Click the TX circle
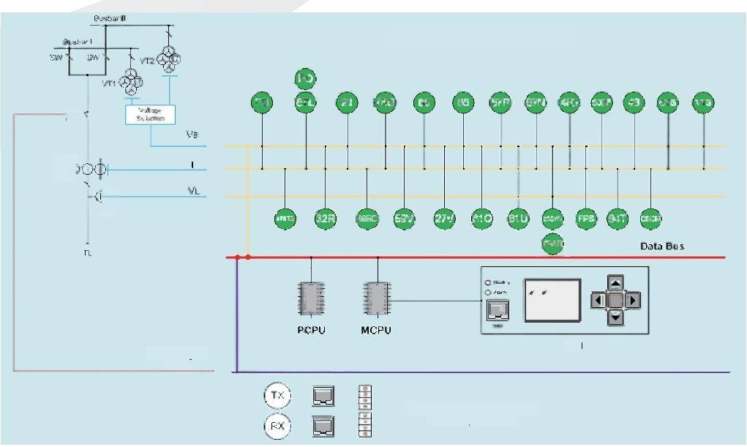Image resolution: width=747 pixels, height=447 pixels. [277, 396]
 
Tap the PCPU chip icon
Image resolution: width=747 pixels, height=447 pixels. [311, 298]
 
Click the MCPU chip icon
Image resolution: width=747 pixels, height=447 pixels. [376, 298]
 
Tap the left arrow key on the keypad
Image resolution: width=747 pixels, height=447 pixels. [598, 300]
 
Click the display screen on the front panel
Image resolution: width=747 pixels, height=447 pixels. [552, 300]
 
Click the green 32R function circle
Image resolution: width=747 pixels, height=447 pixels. [325, 219]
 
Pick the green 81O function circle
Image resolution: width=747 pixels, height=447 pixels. [481, 219]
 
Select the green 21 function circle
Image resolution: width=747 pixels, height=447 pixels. [347, 103]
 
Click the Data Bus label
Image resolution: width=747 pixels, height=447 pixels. [662, 247]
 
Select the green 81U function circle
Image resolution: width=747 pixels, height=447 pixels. [518, 219]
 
